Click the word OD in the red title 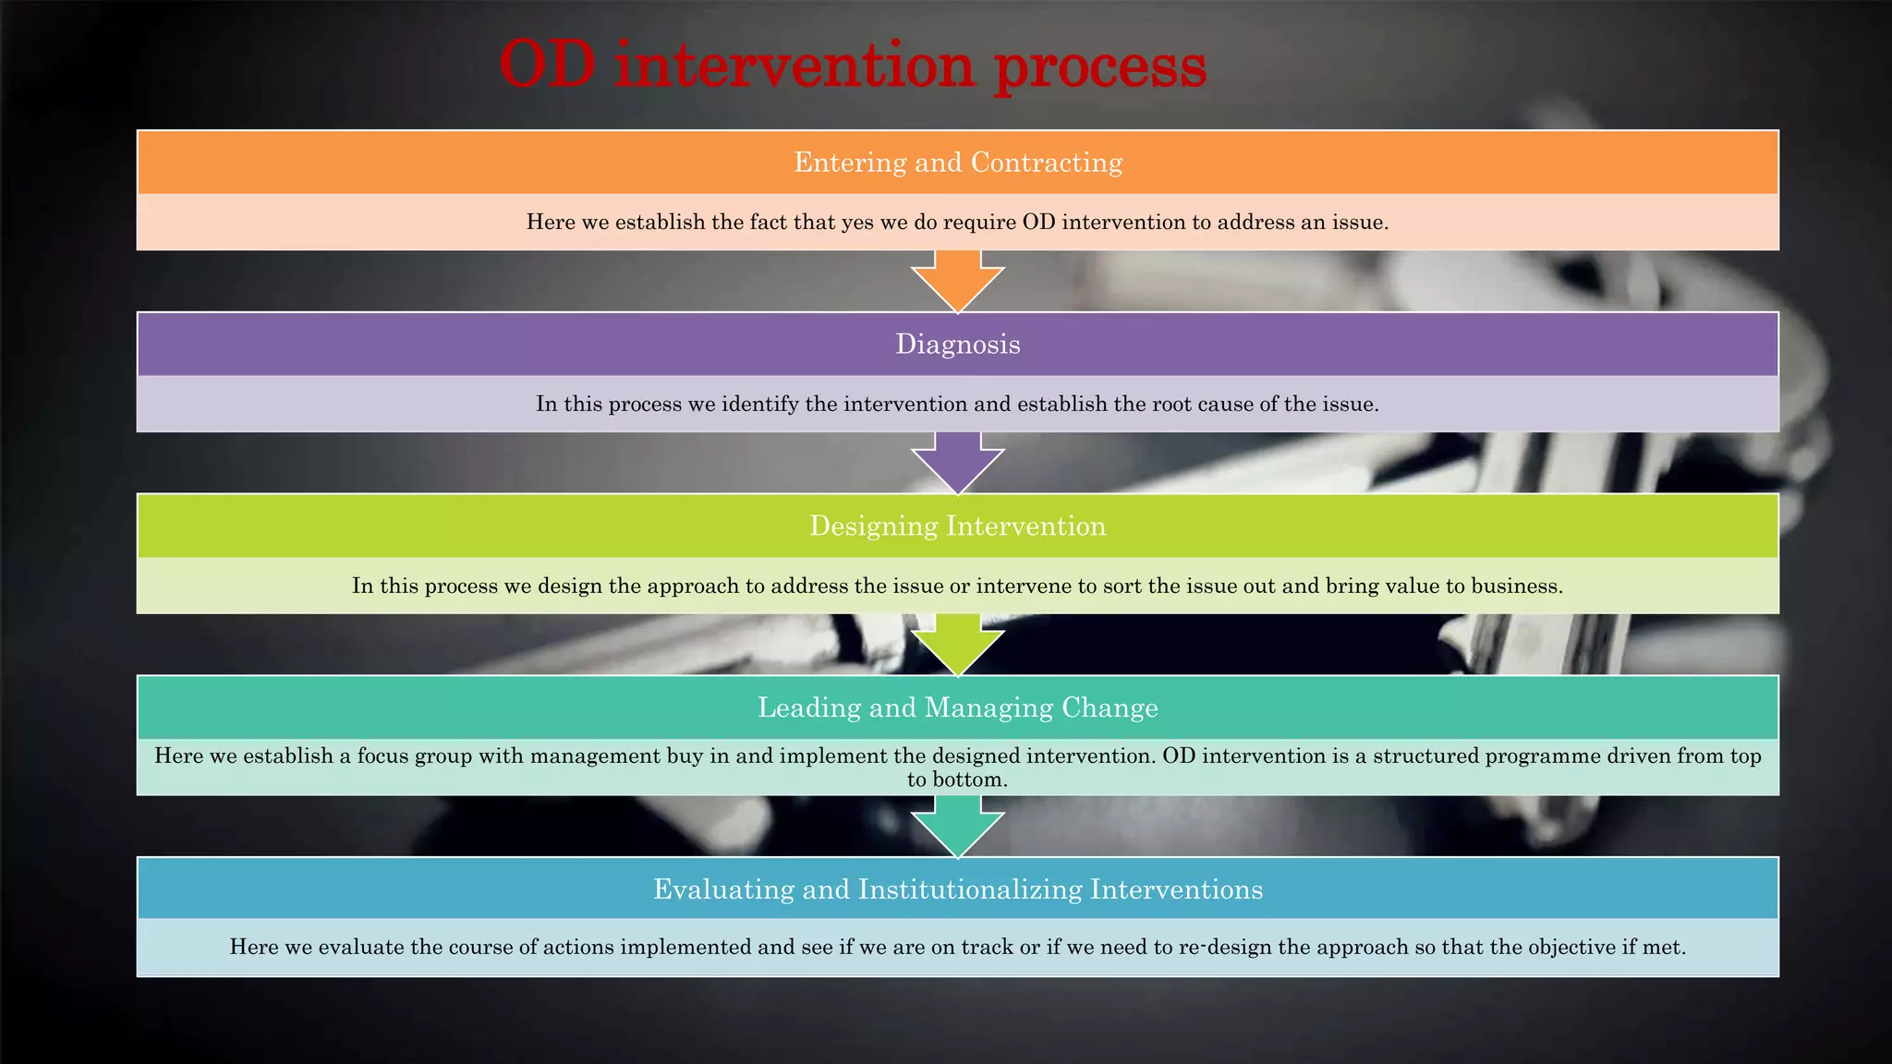[x=547, y=65]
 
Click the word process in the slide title [x=1100, y=66]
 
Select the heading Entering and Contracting [x=958, y=163]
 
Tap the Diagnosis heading [x=958, y=345]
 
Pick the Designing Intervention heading [x=958, y=526]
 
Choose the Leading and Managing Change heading [x=958, y=707]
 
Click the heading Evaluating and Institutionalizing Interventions [x=958, y=889]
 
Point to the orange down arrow [x=958, y=282]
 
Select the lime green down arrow [x=958, y=645]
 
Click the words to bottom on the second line [x=957, y=780]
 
